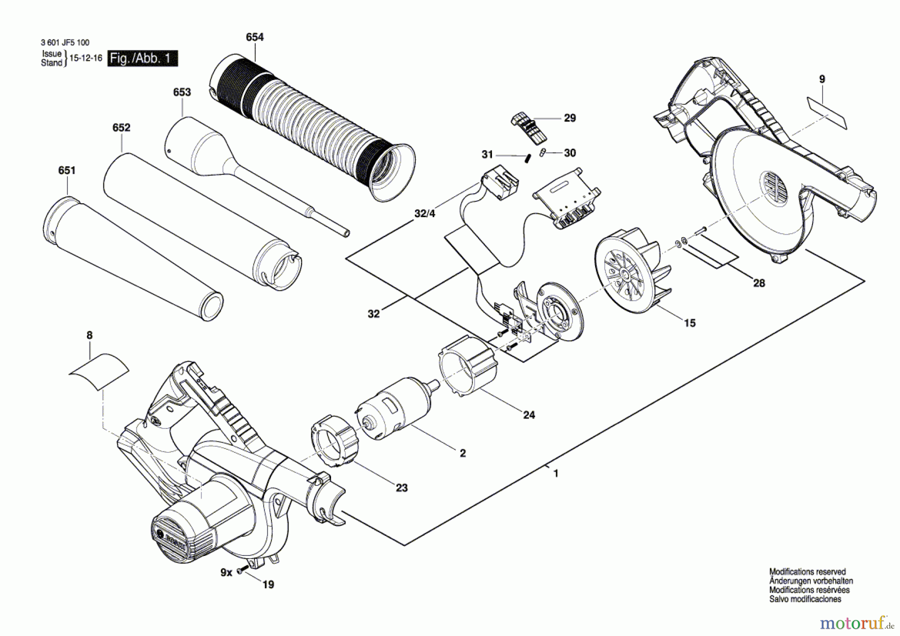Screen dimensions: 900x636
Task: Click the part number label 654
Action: coord(254,37)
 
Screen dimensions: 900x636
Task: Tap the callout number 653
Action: coord(182,92)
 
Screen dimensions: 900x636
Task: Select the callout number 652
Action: coord(121,128)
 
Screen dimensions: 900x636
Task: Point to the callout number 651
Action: coord(66,171)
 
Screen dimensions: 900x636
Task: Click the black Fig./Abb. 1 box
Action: coord(142,59)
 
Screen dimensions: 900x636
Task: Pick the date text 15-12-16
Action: coord(85,58)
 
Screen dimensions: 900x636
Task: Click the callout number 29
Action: coord(570,118)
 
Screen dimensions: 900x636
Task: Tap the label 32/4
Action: coord(425,214)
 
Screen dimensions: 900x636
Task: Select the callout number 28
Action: coord(759,283)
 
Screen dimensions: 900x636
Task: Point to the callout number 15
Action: coord(689,323)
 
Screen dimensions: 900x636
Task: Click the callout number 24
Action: coord(529,415)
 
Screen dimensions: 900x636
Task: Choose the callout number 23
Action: coord(401,488)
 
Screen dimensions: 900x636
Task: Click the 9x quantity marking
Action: coord(226,572)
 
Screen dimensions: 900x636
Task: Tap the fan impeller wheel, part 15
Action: coord(633,271)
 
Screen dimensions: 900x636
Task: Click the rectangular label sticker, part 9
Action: coord(827,114)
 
